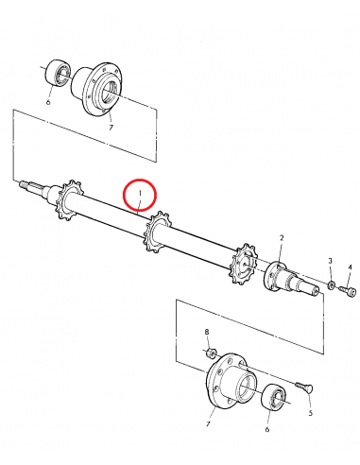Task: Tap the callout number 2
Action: click(x=282, y=238)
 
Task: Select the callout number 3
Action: click(x=330, y=260)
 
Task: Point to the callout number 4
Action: click(x=350, y=268)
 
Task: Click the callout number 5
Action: click(x=310, y=412)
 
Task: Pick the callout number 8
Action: click(x=207, y=333)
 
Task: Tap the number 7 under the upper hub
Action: click(x=111, y=126)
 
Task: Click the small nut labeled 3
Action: click(x=333, y=283)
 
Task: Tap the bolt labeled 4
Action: click(x=351, y=292)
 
